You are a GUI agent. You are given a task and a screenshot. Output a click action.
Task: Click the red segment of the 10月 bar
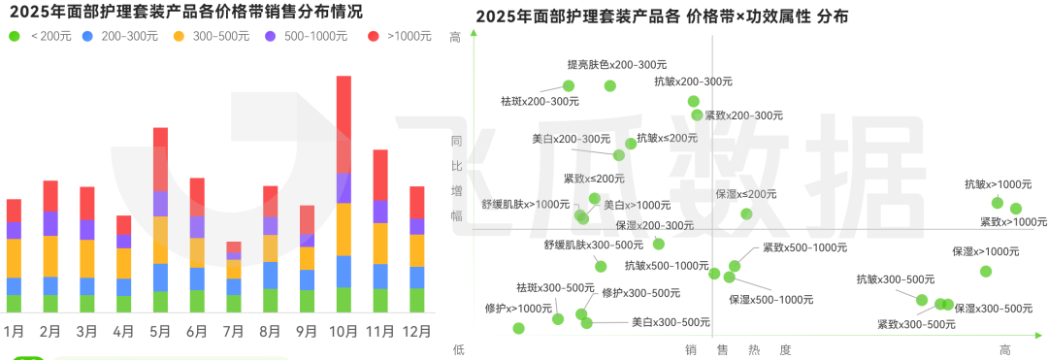[344, 123]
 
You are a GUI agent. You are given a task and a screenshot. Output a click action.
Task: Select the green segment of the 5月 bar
[160, 301]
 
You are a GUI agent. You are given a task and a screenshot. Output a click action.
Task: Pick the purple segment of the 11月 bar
[380, 212]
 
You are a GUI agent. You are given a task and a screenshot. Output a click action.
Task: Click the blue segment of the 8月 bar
[271, 275]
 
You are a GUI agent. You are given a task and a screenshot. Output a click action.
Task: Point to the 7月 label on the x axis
[233, 331]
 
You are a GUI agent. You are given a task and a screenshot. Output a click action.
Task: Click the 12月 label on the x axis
[417, 331]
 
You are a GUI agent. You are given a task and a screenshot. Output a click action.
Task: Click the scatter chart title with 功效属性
[662, 16]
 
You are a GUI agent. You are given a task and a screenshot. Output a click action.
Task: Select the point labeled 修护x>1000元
[518, 328]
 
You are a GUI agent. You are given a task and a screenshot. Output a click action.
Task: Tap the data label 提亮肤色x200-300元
[608, 65]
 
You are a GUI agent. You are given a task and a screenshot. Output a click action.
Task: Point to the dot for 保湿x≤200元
[746, 213]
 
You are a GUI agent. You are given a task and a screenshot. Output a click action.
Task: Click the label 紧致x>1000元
[1013, 222]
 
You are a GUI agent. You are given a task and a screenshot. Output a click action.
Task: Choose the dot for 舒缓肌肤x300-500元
[601, 266]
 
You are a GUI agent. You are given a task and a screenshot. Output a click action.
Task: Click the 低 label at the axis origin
[459, 348]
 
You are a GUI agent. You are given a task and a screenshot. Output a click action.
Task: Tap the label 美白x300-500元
[671, 322]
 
